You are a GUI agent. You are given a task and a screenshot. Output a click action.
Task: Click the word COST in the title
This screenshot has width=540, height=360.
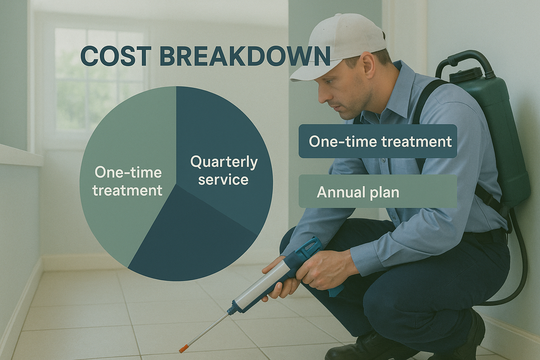pos(116,56)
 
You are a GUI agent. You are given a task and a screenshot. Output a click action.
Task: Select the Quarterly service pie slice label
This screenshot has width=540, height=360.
pos(224,171)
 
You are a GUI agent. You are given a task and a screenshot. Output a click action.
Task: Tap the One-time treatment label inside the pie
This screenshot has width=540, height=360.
pos(128,181)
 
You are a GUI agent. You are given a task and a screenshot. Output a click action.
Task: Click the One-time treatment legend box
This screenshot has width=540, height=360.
pos(378,141)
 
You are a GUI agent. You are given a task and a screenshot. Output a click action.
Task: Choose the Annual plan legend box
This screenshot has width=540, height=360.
pos(378,192)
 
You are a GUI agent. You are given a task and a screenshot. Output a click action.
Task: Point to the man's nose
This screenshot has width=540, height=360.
pos(322,93)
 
